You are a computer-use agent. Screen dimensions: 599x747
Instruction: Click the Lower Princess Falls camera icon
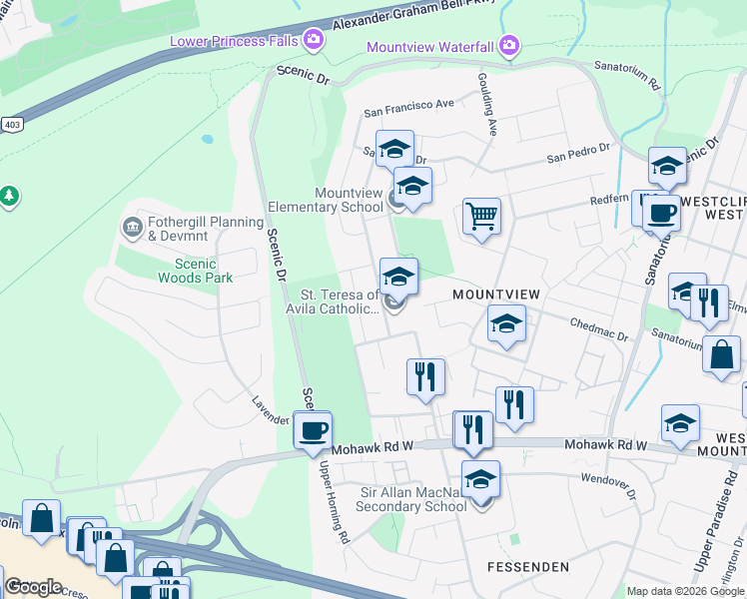coord(314,40)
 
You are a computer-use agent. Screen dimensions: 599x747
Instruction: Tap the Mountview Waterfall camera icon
coord(509,46)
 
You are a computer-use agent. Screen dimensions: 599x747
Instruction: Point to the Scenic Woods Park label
coord(187,271)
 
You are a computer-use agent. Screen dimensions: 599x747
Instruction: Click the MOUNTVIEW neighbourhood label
coord(495,295)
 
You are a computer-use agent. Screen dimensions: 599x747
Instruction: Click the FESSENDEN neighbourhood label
coord(527,566)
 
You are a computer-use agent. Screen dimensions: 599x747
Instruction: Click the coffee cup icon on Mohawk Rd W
coord(313,430)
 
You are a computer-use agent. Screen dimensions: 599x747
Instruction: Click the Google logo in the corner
coord(33,587)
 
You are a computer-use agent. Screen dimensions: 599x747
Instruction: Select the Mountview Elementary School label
coord(349,200)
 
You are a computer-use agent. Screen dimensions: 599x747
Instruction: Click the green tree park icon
coord(9,196)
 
